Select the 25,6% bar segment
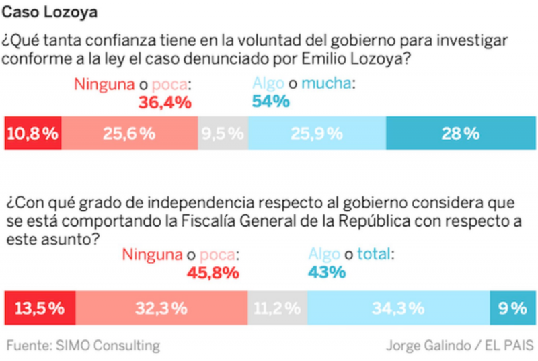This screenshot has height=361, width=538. click(130, 133)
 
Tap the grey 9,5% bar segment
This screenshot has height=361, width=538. click(223, 133)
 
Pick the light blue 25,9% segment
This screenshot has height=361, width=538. click(317, 133)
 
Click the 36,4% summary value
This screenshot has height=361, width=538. click(165, 102)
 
